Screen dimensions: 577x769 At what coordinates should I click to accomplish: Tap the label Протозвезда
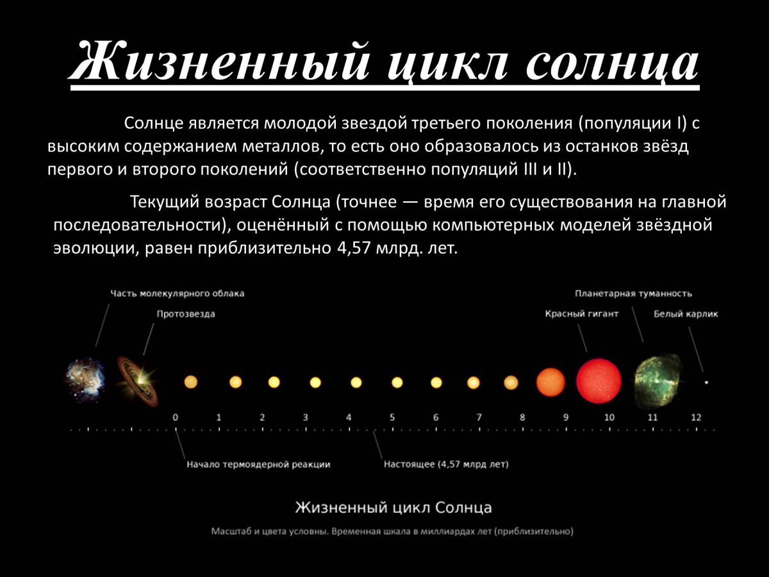pos(186,314)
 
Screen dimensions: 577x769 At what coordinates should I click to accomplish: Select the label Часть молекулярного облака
pos(178,293)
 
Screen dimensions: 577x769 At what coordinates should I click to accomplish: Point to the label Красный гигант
pos(582,314)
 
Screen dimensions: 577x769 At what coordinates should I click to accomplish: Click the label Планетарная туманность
pos(633,294)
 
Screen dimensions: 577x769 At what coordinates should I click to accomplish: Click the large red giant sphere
pos(599,381)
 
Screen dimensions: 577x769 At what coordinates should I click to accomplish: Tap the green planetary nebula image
pos(657,380)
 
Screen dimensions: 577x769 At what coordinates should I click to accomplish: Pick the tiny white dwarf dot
pos(707,382)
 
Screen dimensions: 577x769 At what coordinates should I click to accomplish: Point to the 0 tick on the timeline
pos(176,417)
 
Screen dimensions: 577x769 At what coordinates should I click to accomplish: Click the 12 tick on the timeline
pos(696,417)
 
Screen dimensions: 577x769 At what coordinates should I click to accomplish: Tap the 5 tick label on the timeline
pos(392,417)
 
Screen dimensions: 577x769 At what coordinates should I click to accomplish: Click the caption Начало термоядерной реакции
pos(258,464)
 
